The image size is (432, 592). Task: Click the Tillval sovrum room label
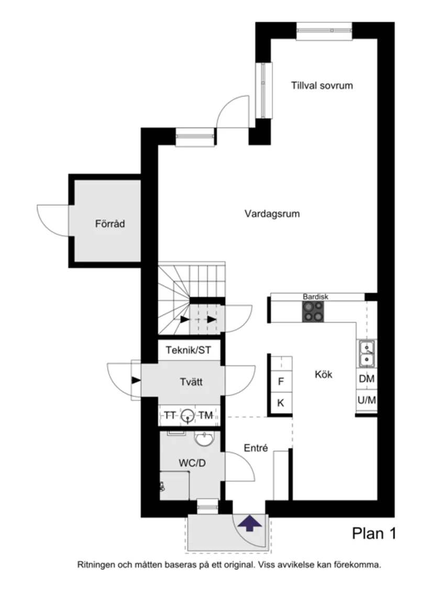(x=322, y=85)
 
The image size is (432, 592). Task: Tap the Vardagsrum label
(x=272, y=214)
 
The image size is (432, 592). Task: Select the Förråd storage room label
(x=110, y=224)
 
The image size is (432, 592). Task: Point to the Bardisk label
(x=315, y=297)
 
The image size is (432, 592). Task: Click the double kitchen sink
(x=366, y=353)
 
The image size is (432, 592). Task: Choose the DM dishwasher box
(x=366, y=379)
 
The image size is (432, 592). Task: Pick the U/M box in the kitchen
(x=366, y=401)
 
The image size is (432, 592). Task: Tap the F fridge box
(x=281, y=382)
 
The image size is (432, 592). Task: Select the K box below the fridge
(x=281, y=403)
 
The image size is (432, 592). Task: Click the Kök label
(x=324, y=375)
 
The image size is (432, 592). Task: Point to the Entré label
(x=256, y=448)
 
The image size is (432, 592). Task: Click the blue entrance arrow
(x=249, y=523)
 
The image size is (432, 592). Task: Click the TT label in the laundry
(x=170, y=415)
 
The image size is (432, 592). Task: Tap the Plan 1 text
(x=373, y=533)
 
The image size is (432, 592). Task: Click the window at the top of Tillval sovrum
(x=323, y=30)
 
